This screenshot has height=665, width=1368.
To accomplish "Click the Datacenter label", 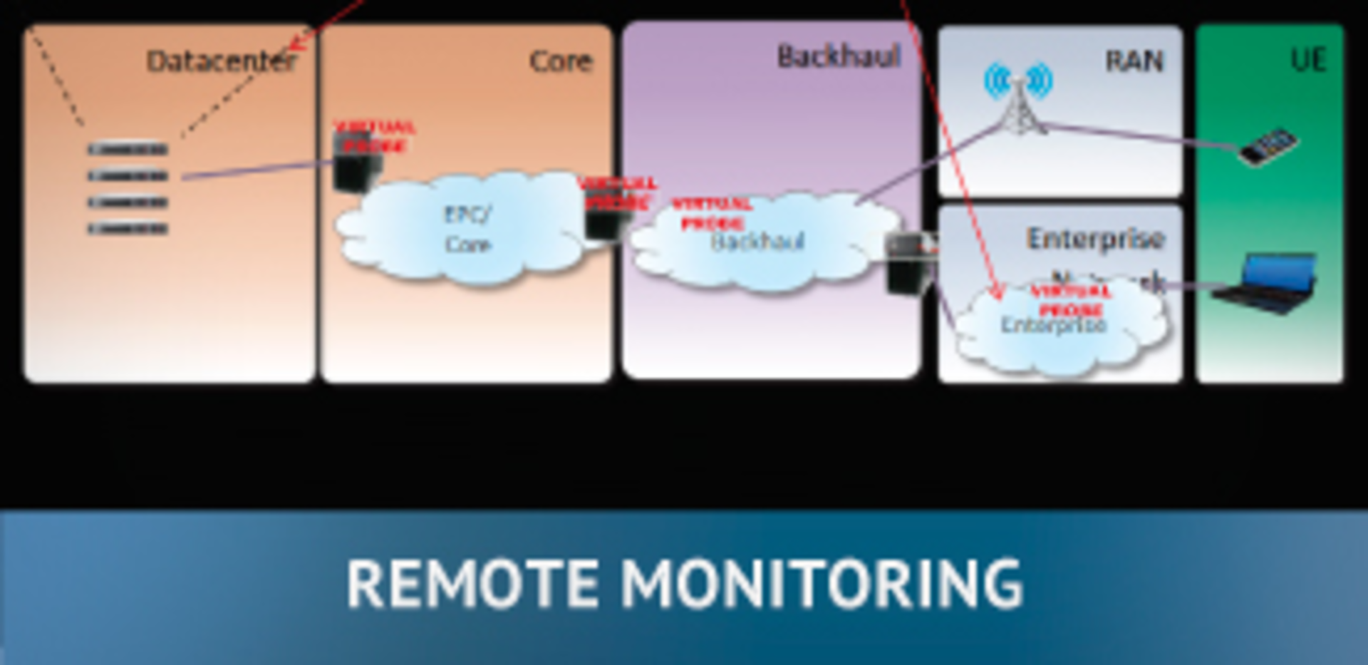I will click(x=221, y=61).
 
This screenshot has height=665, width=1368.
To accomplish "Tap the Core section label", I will click(x=561, y=61).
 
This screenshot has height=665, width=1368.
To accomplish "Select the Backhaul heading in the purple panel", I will click(x=839, y=56).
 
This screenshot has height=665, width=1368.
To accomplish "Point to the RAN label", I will click(x=1134, y=61).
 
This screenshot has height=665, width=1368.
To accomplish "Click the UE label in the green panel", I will click(x=1308, y=60).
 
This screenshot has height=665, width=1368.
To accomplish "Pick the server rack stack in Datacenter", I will click(x=128, y=189).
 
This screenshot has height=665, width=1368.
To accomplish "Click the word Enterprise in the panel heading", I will click(x=1095, y=239).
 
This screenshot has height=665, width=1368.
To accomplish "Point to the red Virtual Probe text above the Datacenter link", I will click(x=374, y=137).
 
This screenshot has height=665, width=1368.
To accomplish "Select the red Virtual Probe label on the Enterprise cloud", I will click(x=1070, y=301).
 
